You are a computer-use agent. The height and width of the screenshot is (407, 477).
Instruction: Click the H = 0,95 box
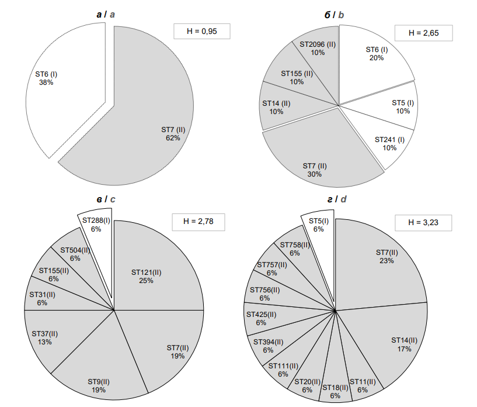pos(201,32)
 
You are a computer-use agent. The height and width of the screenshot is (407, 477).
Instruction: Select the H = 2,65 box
pos(423,33)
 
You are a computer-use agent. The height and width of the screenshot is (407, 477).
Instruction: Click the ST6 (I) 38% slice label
pos(46,78)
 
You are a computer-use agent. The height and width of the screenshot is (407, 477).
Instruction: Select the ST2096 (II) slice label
pos(317,48)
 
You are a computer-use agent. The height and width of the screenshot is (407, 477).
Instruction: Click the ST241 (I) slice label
pos(389,144)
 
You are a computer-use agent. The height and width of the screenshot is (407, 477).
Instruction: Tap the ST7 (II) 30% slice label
pos(315,170)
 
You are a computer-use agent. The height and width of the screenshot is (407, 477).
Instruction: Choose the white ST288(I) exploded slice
pos(96,224)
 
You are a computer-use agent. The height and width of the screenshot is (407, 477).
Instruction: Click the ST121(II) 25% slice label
pos(146,277)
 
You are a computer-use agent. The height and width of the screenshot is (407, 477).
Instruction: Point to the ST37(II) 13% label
pos(45,337)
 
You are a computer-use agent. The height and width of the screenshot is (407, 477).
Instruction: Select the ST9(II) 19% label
pos(99,385)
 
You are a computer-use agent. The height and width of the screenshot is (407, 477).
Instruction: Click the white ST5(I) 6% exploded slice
pos(318,225)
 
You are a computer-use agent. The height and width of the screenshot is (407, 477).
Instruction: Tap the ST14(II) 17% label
pos(404,344)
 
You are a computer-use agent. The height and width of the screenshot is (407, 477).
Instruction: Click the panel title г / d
pos(336,199)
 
